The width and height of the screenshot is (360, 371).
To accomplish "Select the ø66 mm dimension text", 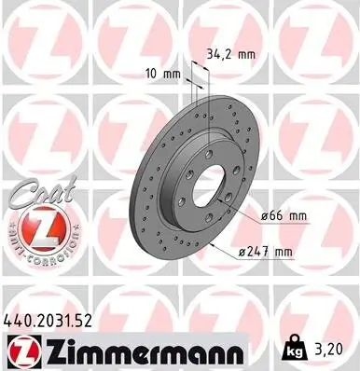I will (284, 215).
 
